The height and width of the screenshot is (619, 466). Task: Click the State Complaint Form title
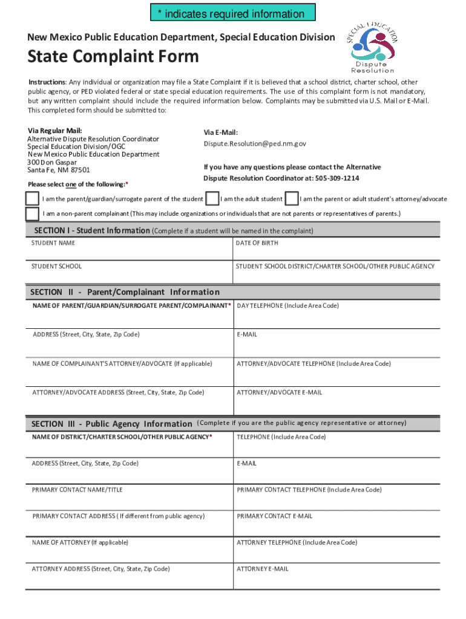point(113,57)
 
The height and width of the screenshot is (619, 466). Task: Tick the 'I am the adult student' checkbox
point(212,198)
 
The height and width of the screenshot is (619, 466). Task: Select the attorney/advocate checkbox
point(292,198)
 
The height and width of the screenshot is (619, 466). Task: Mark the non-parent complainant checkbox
point(32,214)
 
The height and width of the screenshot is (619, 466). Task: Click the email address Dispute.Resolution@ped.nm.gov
point(255,144)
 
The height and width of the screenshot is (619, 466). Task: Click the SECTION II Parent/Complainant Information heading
point(125,292)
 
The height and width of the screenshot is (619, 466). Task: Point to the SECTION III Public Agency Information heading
point(111,424)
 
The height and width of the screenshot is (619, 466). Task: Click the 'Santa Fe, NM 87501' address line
point(59,170)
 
